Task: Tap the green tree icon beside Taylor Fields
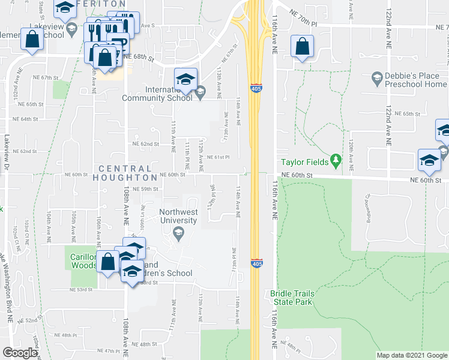coord(336,161)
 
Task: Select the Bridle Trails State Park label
coord(292,298)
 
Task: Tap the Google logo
coord(20,353)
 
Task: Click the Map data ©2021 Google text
coord(411,355)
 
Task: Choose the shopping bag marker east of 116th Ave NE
coord(303,47)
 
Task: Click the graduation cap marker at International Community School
coord(185,80)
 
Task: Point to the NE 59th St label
coord(146,189)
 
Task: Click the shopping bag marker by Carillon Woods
coord(108,263)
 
